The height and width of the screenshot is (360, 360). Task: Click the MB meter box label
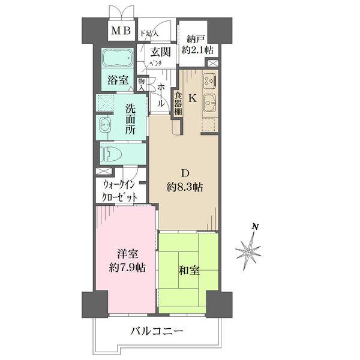coord(121,31)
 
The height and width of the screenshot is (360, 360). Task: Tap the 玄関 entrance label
coord(161,52)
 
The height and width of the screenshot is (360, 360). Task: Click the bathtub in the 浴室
coord(118,58)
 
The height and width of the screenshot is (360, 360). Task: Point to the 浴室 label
coord(118,80)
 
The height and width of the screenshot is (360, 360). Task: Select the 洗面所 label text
coord(130,119)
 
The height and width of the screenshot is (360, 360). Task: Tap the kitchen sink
coord(210,103)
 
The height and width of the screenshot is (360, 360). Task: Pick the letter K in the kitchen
coord(193,98)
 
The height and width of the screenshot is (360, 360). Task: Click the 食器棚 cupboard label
coord(178,103)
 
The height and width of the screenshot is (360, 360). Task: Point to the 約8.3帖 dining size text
coord(185,188)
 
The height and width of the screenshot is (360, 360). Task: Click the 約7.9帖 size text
coord(127,268)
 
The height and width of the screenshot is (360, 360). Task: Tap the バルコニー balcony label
coord(157,331)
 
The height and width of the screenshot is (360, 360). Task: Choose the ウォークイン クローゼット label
coord(120,191)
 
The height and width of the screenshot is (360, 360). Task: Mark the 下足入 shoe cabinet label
coord(149,34)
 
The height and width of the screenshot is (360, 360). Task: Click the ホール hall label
coord(161,95)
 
